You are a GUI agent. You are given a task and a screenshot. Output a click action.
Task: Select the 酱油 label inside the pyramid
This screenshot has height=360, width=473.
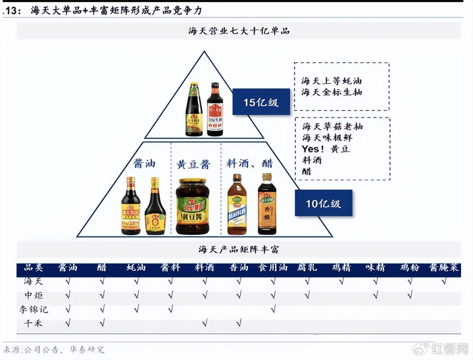pyautogui.click(x=143, y=163)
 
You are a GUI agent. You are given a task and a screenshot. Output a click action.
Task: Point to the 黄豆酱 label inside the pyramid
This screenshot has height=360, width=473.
pyautogui.click(x=193, y=164)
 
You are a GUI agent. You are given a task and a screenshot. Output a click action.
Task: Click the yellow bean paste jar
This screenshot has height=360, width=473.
pyautogui.click(x=193, y=207)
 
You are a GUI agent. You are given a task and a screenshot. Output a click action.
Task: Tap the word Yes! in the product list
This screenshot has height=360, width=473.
pyautogui.click(x=313, y=149)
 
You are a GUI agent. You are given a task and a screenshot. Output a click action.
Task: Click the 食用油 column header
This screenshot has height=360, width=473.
pyautogui.click(x=273, y=268)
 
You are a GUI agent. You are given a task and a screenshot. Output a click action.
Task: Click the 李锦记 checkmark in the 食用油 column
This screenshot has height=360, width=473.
pyautogui.click(x=273, y=309)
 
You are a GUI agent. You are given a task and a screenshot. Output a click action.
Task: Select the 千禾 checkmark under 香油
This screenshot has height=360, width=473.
pyautogui.click(x=239, y=324)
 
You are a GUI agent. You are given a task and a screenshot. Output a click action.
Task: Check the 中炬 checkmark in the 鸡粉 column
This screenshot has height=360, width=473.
pyautogui.click(x=409, y=295)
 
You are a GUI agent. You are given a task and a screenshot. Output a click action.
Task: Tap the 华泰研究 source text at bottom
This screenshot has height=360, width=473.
pyautogui.click(x=88, y=350)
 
